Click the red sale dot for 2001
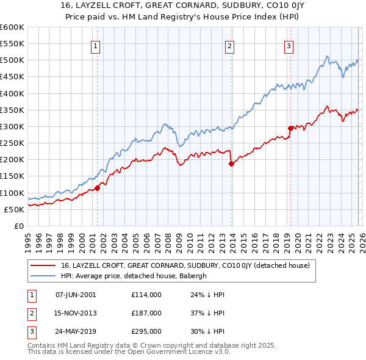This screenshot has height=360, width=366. click(x=97, y=188)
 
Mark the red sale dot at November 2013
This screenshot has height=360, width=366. click(x=231, y=164)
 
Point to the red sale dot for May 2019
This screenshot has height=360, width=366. click(x=290, y=128)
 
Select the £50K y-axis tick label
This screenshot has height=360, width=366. click(x=14, y=209)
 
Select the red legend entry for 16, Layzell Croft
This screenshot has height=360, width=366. click(x=185, y=265)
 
